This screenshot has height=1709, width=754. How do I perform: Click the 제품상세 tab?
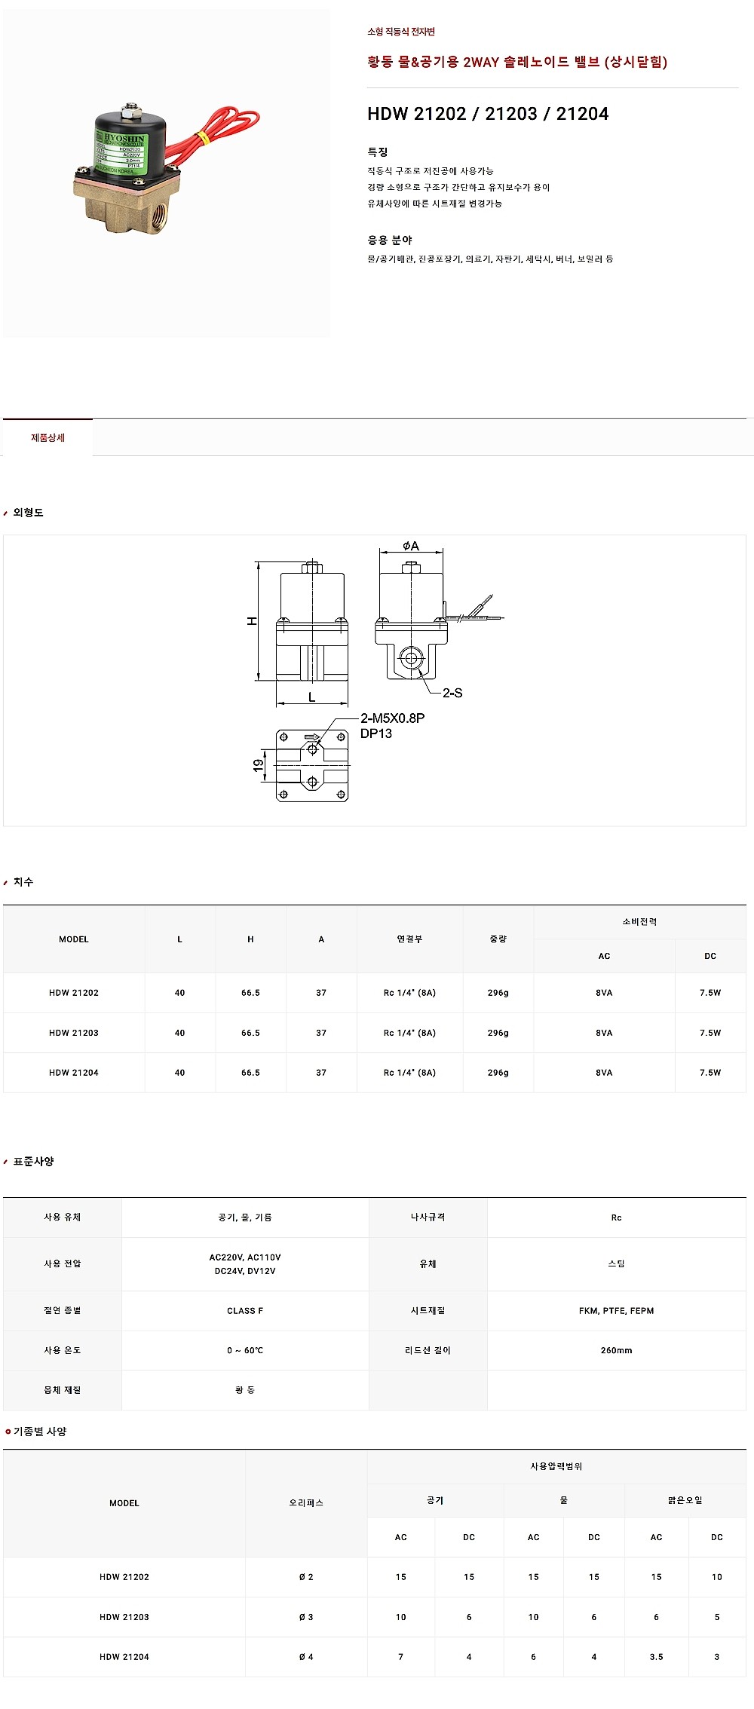click(48, 438)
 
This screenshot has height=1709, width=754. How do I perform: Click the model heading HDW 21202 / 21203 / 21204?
click(488, 114)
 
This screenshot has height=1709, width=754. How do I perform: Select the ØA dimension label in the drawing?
click(410, 546)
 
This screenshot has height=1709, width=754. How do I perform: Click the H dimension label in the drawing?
click(253, 620)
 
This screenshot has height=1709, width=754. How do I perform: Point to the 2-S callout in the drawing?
click(452, 693)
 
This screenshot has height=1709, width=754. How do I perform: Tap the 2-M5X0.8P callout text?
click(392, 718)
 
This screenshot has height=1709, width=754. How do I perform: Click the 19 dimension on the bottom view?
click(259, 765)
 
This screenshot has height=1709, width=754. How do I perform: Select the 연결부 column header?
click(409, 939)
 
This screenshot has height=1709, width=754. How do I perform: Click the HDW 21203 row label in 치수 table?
click(74, 1033)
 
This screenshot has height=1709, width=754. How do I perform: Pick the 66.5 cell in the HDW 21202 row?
click(250, 993)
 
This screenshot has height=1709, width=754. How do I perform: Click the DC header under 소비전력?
click(710, 956)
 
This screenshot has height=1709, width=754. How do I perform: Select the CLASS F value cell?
click(245, 1311)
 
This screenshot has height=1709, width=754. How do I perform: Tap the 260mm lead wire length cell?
click(616, 1350)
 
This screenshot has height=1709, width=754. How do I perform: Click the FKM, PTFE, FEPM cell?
click(616, 1311)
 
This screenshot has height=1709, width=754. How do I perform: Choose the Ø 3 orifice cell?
click(306, 1617)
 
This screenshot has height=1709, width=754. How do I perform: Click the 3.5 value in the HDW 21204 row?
click(656, 1657)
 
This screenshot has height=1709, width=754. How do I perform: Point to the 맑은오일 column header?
click(685, 1500)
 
